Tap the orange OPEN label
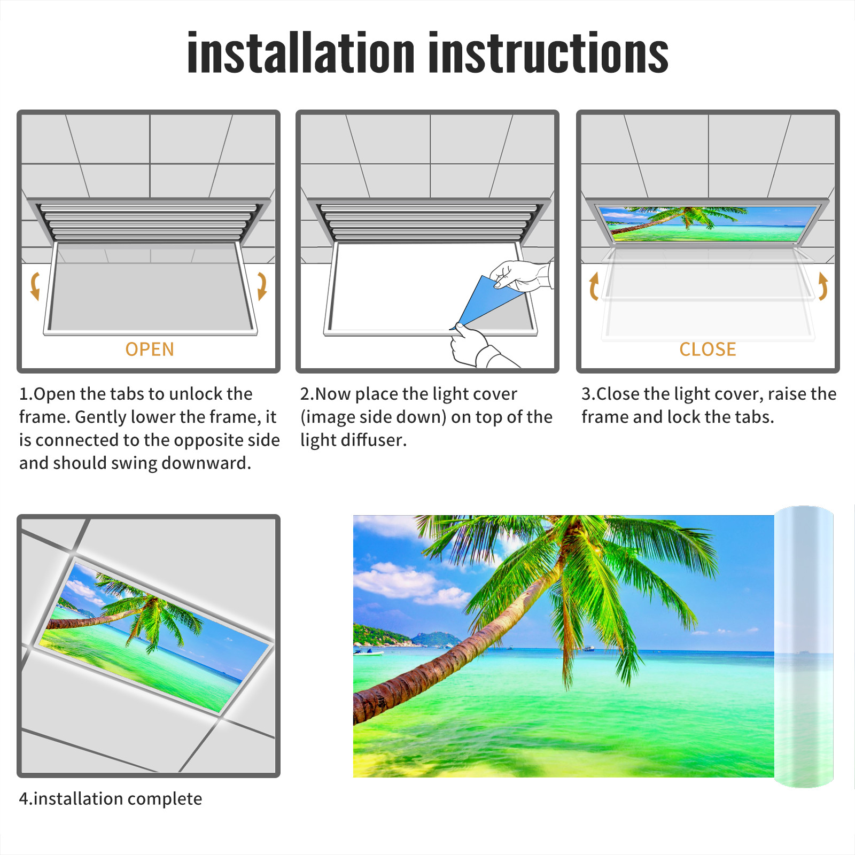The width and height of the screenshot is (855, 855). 150,349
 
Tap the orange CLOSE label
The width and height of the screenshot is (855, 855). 708,349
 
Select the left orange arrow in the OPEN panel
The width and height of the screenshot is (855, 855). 35,286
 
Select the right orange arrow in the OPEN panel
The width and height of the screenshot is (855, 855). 262,286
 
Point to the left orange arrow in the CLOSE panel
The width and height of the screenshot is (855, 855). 594,286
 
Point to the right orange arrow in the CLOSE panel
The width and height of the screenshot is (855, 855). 823,286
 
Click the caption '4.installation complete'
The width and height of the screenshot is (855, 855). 111,799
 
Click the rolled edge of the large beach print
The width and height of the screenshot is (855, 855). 804,647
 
